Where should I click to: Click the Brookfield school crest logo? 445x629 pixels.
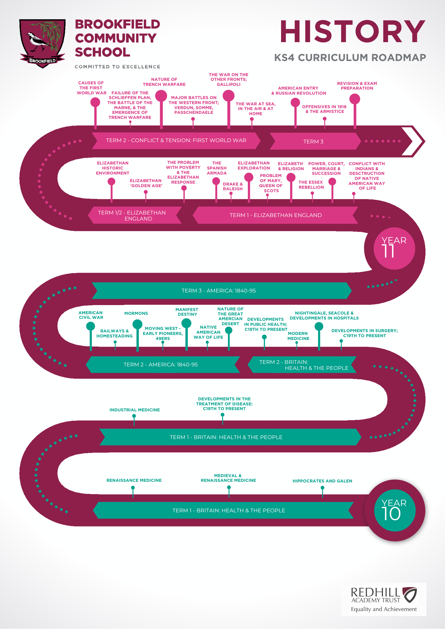click(42, 43)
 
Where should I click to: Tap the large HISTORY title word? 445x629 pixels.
click(352, 31)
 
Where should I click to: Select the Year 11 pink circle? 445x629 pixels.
click(394, 248)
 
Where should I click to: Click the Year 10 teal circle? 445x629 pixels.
click(395, 510)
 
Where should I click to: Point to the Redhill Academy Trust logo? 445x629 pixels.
click(384, 599)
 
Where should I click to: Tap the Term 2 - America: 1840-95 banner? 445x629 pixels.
click(163, 365)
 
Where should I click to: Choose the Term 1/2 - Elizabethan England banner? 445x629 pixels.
click(135, 215)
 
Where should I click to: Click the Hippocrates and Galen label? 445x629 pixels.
click(322, 481)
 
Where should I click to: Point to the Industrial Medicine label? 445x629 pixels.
click(135, 410)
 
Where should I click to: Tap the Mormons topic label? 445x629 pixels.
click(136, 313)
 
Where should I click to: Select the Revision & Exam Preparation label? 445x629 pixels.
click(357, 86)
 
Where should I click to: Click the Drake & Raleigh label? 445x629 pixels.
click(233, 186)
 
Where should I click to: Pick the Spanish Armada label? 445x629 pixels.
click(217, 168)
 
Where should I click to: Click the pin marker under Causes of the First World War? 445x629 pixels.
click(95, 102)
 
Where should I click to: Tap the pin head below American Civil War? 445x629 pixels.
click(91, 326)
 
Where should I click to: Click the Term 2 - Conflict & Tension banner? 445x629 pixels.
click(176, 140)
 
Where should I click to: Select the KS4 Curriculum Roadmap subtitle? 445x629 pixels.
click(350, 58)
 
